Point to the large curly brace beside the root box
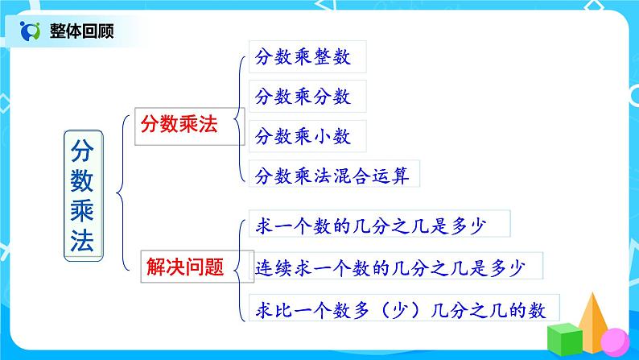pos(121,193)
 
